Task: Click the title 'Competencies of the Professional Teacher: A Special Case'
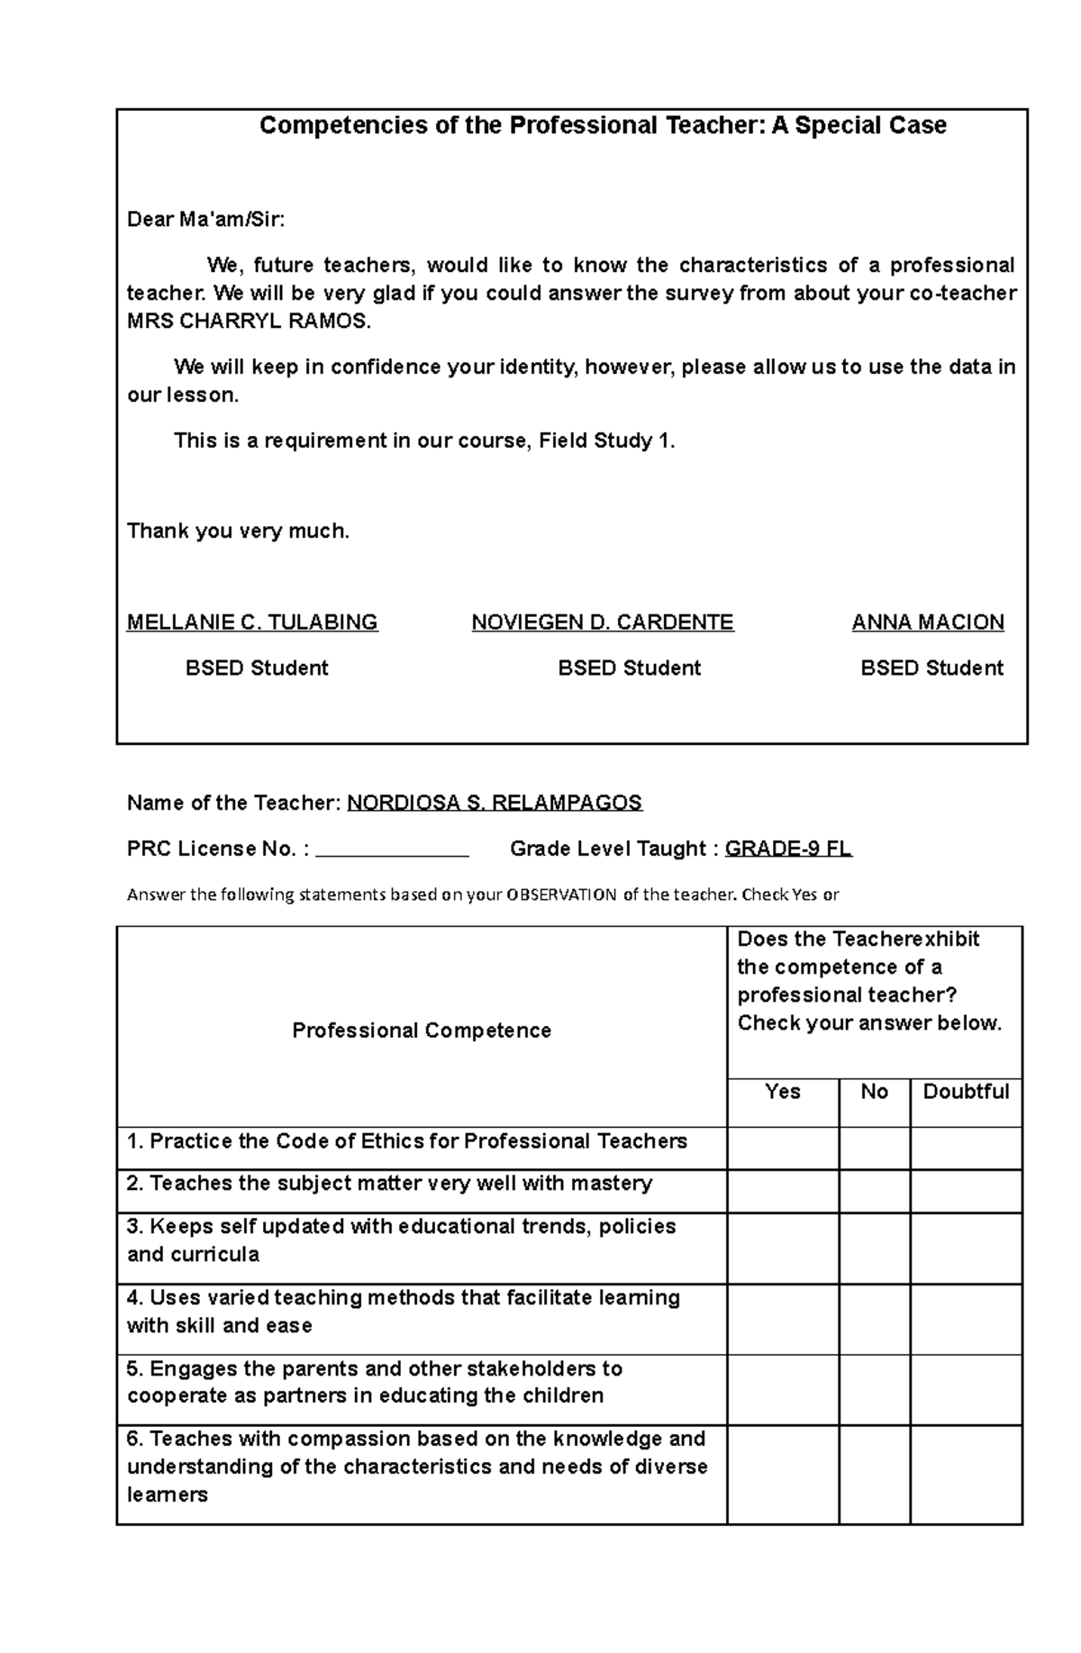click(603, 125)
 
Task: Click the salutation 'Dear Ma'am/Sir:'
click(205, 220)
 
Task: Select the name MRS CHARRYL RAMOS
click(249, 322)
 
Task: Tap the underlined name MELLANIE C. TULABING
click(252, 622)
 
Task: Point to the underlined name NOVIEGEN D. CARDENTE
click(603, 622)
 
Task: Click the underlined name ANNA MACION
click(928, 622)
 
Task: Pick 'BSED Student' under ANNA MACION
click(931, 668)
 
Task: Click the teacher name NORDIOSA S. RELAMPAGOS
click(495, 803)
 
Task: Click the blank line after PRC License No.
click(393, 849)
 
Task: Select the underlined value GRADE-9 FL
click(788, 849)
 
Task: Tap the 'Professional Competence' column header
click(422, 1031)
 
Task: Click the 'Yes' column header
click(782, 1092)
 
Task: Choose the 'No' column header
click(874, 1092)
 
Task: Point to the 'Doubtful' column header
click(966, 1092)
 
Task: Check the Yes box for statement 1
click(783, 1149)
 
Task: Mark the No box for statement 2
click(874, 1191)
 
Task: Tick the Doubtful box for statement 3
click(966, 1248)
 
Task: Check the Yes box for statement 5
click(783, 1390)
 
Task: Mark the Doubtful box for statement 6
click(966, 1475)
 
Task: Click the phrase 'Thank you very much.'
click(238, 531)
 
